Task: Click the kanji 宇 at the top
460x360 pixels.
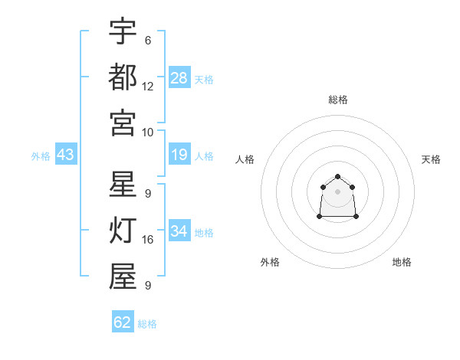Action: (123, 31)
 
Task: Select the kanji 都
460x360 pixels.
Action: (123, 77)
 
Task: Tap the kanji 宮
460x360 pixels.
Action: (123, 123)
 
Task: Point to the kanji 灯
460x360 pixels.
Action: (123, 230)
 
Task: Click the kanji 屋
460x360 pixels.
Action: (123, 276)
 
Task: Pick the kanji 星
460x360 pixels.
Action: (123, 184)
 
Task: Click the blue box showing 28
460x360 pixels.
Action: (179, 77)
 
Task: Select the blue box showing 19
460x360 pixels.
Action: (179, 154)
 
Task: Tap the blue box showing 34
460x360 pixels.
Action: (179, 230)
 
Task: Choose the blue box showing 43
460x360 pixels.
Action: (66, 154)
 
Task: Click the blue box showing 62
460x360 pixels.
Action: (123, 321)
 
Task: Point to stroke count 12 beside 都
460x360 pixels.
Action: (147, 87)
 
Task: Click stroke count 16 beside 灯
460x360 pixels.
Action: (147, 240)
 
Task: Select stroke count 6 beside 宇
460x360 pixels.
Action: (148, 41)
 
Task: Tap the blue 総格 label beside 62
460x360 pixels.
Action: (147, 324)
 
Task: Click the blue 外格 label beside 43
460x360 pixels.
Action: (41, 156)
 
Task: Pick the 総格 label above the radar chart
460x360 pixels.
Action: (338, 100)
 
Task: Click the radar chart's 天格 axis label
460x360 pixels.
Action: (431, 159)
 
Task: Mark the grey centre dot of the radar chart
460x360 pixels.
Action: (337, 191)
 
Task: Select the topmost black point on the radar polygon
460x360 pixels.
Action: (337, 176)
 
